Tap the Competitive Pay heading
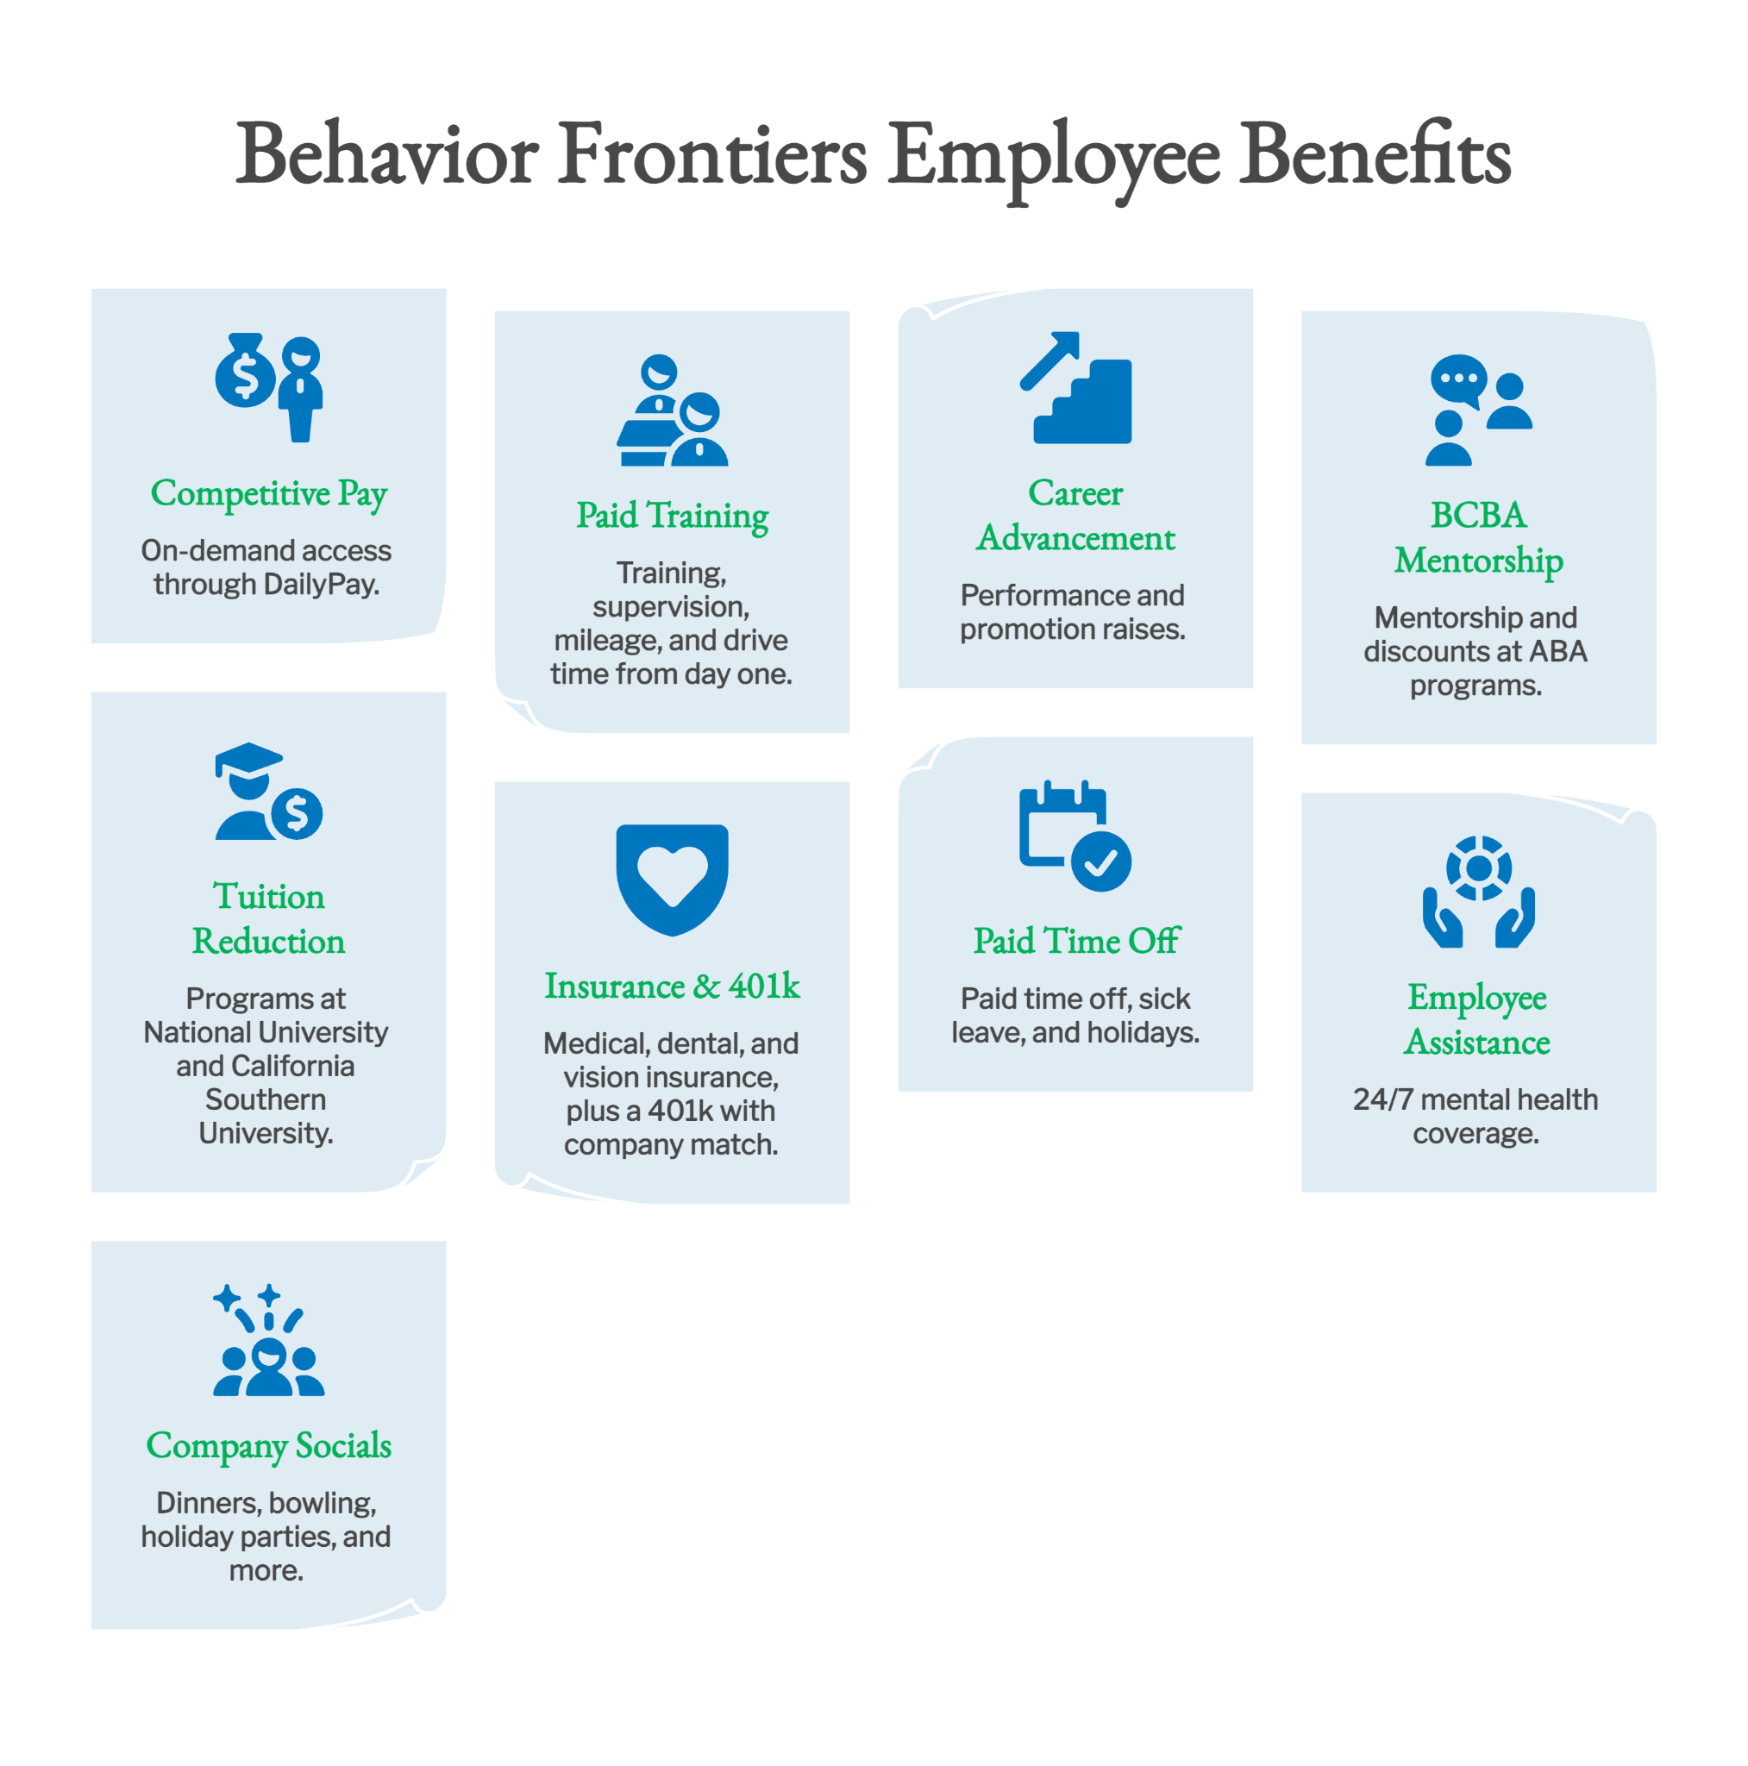(x=269, y=493)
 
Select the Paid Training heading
(x=672, y=517)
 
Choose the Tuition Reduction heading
(x=269, y=918)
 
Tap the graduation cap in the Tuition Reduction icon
(x=247, y=760)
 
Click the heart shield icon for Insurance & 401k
(x=672, y=880)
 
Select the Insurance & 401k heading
(x=672, y=986)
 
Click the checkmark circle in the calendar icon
(x=1100, y=861)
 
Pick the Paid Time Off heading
(x=1076, y=941)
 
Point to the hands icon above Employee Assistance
(x=1478, y=892)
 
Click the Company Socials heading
(x=269, y=1446)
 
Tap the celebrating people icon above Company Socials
(x=269, y=1339)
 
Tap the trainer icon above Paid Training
(x=672, y=410)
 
